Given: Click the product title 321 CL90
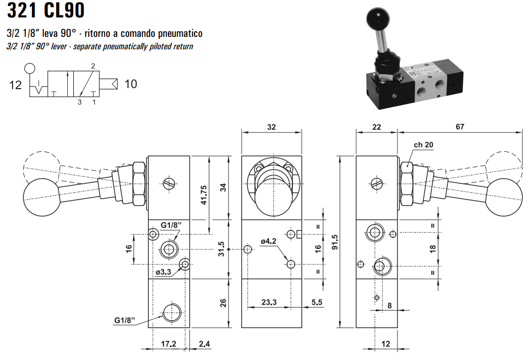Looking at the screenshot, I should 46,11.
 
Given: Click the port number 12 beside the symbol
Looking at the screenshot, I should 15,85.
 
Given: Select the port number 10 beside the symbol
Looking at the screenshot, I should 131,84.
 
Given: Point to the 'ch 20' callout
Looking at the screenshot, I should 423,145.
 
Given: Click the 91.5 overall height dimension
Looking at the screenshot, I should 334,242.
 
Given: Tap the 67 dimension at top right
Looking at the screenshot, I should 459,127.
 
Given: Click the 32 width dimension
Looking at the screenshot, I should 271,127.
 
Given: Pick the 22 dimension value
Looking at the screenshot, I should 377,127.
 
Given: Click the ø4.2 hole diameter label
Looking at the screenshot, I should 268,241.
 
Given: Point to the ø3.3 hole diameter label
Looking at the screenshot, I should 163,272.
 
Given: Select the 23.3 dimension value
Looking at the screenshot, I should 269,302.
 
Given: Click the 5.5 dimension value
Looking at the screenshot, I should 316,302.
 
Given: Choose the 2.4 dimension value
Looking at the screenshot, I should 204,344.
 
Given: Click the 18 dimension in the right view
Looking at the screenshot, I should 432,247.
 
